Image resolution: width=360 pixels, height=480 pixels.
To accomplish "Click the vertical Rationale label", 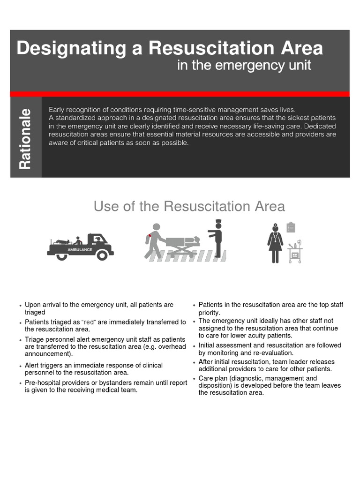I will pyautogui.click(x=25, y=139).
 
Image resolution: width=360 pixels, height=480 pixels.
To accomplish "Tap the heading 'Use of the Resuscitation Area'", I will pyautogui.click(x=189, y=206).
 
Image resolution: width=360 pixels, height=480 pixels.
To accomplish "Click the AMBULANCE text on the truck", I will pyautogui.click(x=80, y=250).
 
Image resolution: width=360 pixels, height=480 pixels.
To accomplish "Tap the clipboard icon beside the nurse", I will pyautogui.click(x=291, y=227).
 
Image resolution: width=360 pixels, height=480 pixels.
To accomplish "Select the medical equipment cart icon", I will pyautogui.click(x=295, y=253).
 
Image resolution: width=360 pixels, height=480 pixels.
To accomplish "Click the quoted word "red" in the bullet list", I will pyautogui.click(x=89, y=322).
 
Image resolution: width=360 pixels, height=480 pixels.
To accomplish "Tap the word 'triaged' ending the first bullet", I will pyautogui.click(x=35, y=312).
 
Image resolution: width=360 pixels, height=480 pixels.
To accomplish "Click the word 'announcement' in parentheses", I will pyautogui.click(x=48, y=354).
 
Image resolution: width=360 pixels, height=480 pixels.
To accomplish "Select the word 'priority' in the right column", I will pyautogui.click(x=209, y=313).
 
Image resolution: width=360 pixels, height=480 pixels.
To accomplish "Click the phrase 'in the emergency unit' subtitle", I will pyautogui.click(x=244, y=65).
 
